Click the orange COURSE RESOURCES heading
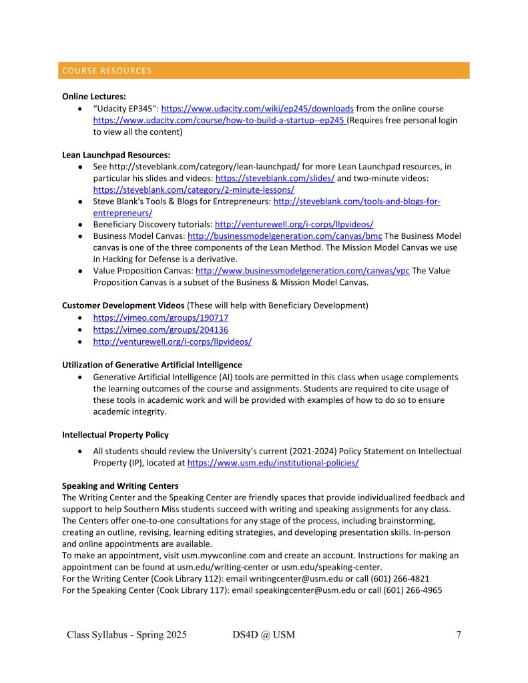click(x=107, y=71)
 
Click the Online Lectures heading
click(x=94, y=96)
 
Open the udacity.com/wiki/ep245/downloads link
click(x=258, y=109)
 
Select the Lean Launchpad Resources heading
click(x=116, y=155)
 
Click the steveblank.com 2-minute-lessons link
click(x=194, y=190)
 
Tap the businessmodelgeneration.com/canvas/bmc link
click(x=285, y=236)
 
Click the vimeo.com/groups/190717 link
click(x=161, y=317)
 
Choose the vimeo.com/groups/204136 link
click(x=161, y=329)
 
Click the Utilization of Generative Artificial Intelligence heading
click(x=152, y=365)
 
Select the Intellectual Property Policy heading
click(x=115, y=435)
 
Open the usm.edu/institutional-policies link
click(x=273, y=463)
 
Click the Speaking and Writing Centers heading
click(x=120, y=486)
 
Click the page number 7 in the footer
click(x=459, y=635)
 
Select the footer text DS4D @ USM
click(x=259, y=635)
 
